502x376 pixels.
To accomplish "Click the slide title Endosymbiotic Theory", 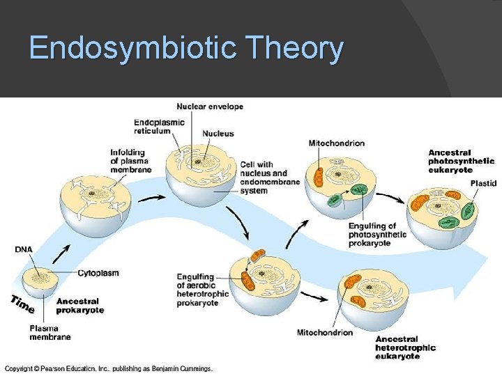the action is tap(186, 49).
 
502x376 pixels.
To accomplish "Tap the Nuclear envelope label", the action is tap(210, 107).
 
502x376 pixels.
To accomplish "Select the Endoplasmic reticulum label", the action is tap(159, 127).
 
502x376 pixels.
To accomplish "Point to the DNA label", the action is tap(23, 249).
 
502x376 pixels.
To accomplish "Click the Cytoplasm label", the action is tap(98, 272).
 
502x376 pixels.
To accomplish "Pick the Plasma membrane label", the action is tap(50, 332).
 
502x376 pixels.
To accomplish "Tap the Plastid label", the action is tap(483, 183).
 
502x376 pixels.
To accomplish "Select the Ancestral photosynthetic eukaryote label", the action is tap(460, 161).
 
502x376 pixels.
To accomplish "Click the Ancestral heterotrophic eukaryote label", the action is tap(405, 347).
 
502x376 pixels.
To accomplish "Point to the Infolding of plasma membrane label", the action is tap(130, 161).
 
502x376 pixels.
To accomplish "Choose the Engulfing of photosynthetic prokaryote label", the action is tap(377, 235).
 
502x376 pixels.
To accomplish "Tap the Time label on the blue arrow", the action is tap(23, 304).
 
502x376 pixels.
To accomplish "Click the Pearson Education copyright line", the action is tap(109, 368).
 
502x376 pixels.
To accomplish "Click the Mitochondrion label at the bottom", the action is tap(324, 332).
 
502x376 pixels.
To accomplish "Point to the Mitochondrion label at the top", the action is tap(336, 143).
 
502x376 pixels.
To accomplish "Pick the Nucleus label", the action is tap(218, 134).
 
